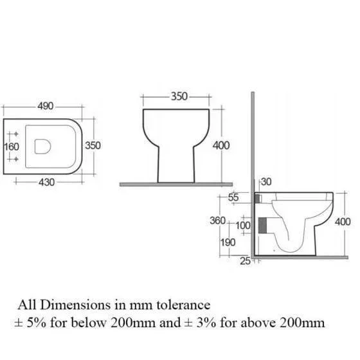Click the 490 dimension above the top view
click(46, 106)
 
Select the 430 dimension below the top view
click(46, 183)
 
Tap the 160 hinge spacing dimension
click(12, 147)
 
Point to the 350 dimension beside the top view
click(93, 145)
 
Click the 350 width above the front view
click(179, 96)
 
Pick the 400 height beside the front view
click(221, 145)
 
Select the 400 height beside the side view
click(343, 222)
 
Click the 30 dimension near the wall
click(266, 182)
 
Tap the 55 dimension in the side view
click(233, 197)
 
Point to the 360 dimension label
click(218, 221)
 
